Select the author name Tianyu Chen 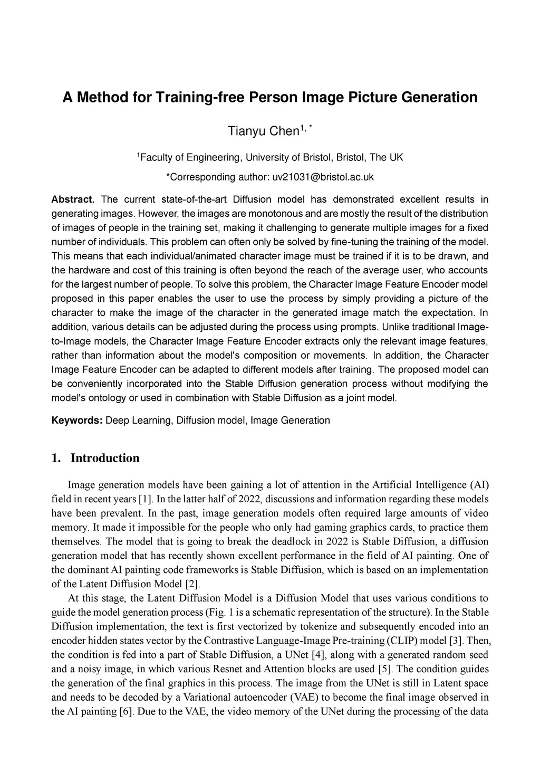(263, 131)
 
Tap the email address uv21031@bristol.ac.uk (323, 177)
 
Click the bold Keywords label (76, 421)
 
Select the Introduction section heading (105, 458)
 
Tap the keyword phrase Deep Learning (139, 421)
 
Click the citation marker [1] (146, 499)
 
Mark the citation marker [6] (126, 711)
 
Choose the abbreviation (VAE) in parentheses (304, 698)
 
